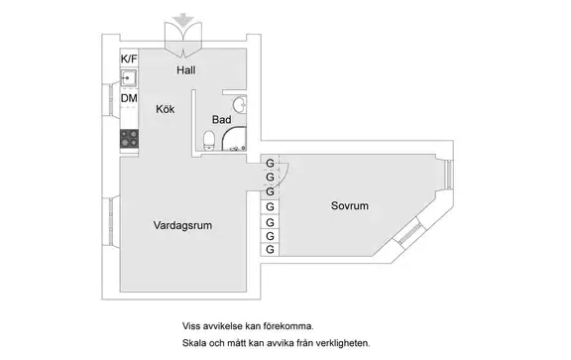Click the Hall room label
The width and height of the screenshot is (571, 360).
(x=186, y=70)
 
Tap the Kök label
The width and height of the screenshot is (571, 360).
(x=165, y=109)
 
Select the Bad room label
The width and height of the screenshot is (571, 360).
(x=221, y=120)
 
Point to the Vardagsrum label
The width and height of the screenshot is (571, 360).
(x=182, y=225)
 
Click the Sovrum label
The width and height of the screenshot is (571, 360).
(x=350, y=205)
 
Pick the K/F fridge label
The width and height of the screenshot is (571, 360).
(x=129, y=59)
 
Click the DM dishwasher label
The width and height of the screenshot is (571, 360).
(x=129, y=98)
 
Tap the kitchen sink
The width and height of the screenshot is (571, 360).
(x=129, y=78)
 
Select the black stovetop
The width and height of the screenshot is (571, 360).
(x=129, y=139)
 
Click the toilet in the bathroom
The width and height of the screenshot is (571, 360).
(x=209, y=141)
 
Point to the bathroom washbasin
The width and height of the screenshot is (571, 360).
(x=240, y=105)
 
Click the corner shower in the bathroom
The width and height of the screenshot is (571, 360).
(x=234, y=139)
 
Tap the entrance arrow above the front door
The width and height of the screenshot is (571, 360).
(x=183, y=19)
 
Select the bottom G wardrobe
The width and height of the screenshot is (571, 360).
(x=270, y=250)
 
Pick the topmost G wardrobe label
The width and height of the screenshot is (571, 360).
(x=270, y=164)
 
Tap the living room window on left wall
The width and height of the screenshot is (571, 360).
(x=111, y=221)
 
